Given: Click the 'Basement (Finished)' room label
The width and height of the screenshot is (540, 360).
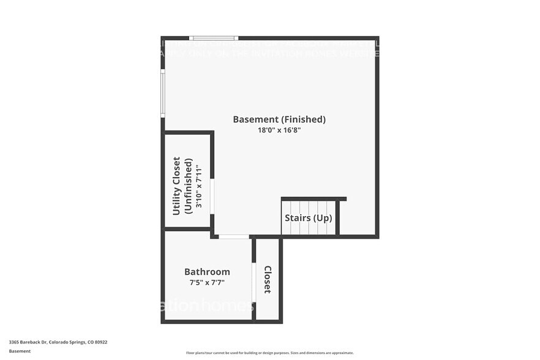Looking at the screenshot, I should [x=279, y=119].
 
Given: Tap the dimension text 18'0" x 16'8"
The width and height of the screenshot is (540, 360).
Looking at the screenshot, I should [x=279, y=130].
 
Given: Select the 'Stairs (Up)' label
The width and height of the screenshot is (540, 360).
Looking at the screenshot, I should [x=309, y=218].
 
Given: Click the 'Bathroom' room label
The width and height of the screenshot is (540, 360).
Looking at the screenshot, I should [x=207, y=272].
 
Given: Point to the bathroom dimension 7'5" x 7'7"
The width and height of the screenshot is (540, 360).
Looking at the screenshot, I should [x=207, y=282].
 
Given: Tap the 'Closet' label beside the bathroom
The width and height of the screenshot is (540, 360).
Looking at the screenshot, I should [x=268, y=279].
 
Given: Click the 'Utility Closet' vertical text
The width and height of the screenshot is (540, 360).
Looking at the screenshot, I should [x=176, y=185].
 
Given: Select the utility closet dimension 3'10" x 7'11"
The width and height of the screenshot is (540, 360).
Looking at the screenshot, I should [x=198, y=185].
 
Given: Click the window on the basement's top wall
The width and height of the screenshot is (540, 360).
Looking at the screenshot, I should [x=213, y=38].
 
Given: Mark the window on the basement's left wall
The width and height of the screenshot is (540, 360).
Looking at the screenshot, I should [x=163, y=92].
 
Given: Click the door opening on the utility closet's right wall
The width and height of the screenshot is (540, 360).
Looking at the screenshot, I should [x=212, y=196].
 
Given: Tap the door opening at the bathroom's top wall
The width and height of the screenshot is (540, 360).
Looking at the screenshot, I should [x=234, y=236].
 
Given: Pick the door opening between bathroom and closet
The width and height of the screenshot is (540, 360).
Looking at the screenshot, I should [x=253, y=282].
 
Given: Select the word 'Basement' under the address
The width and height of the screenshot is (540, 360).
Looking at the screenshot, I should [x=20, y=351].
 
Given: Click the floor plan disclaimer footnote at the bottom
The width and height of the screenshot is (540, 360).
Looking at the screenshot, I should [x=269, y=353].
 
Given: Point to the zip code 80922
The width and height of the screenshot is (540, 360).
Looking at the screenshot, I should [x=102, y=342].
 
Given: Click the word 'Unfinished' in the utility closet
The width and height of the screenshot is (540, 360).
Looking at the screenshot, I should [x=189, y=185].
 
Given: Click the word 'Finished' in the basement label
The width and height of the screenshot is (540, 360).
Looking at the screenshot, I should [x=304, y=119].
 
